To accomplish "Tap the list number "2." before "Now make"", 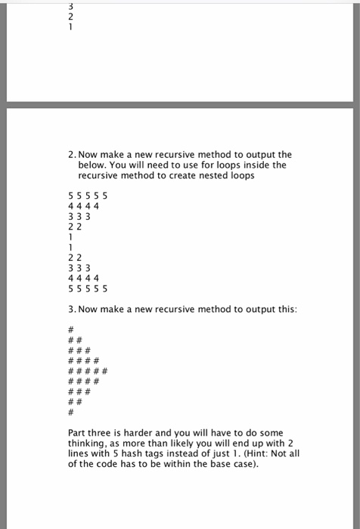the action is coord(72,154).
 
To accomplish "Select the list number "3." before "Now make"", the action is coord(72,310).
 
